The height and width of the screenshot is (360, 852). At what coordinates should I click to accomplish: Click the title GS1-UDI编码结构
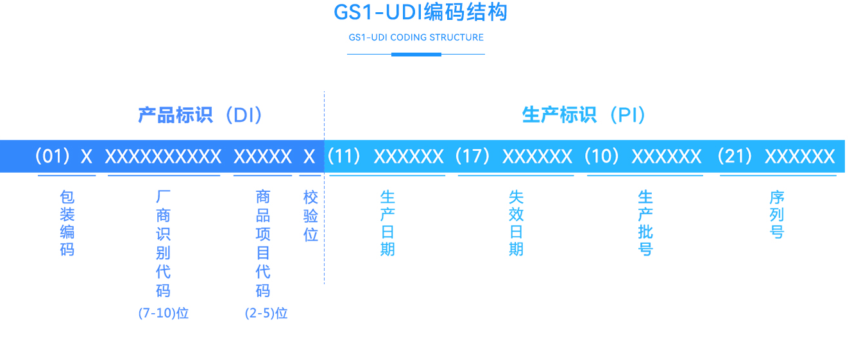coord(420,12)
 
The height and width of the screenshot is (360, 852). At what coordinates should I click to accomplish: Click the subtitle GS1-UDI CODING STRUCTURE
coord(416,37)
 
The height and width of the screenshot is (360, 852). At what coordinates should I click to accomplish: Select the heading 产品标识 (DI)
coord(201,115)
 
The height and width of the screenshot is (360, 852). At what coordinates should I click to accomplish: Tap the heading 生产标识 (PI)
coord(584,115)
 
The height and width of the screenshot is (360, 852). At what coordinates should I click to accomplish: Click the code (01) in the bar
coord(52,156)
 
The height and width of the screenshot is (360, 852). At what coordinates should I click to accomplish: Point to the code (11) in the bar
coord(345,156)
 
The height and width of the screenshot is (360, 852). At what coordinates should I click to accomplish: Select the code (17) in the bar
coord(473,156)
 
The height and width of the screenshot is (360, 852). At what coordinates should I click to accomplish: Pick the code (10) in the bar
coord(602,156)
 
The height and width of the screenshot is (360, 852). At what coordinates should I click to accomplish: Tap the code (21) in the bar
coord(735,156)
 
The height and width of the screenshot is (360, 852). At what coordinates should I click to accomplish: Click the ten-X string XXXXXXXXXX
coord(163,157)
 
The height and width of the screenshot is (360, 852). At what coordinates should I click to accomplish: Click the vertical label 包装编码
coord(67,223)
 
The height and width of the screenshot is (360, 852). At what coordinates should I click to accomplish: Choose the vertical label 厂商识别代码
coord(163,243)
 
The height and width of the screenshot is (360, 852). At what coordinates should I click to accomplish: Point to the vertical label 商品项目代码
coord(263,243)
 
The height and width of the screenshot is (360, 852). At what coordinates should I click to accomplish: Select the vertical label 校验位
coord(311,216)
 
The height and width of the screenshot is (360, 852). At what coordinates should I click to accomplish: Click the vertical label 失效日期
coord(516,223)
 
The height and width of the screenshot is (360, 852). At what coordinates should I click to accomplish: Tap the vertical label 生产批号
coord(645,223)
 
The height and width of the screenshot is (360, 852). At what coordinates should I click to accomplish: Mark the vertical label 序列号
coord(777,214)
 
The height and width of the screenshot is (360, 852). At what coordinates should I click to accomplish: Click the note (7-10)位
coord(163,313)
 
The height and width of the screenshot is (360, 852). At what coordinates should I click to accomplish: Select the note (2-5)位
coord(266,313)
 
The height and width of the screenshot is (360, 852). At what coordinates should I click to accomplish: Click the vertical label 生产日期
coord(388,223)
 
